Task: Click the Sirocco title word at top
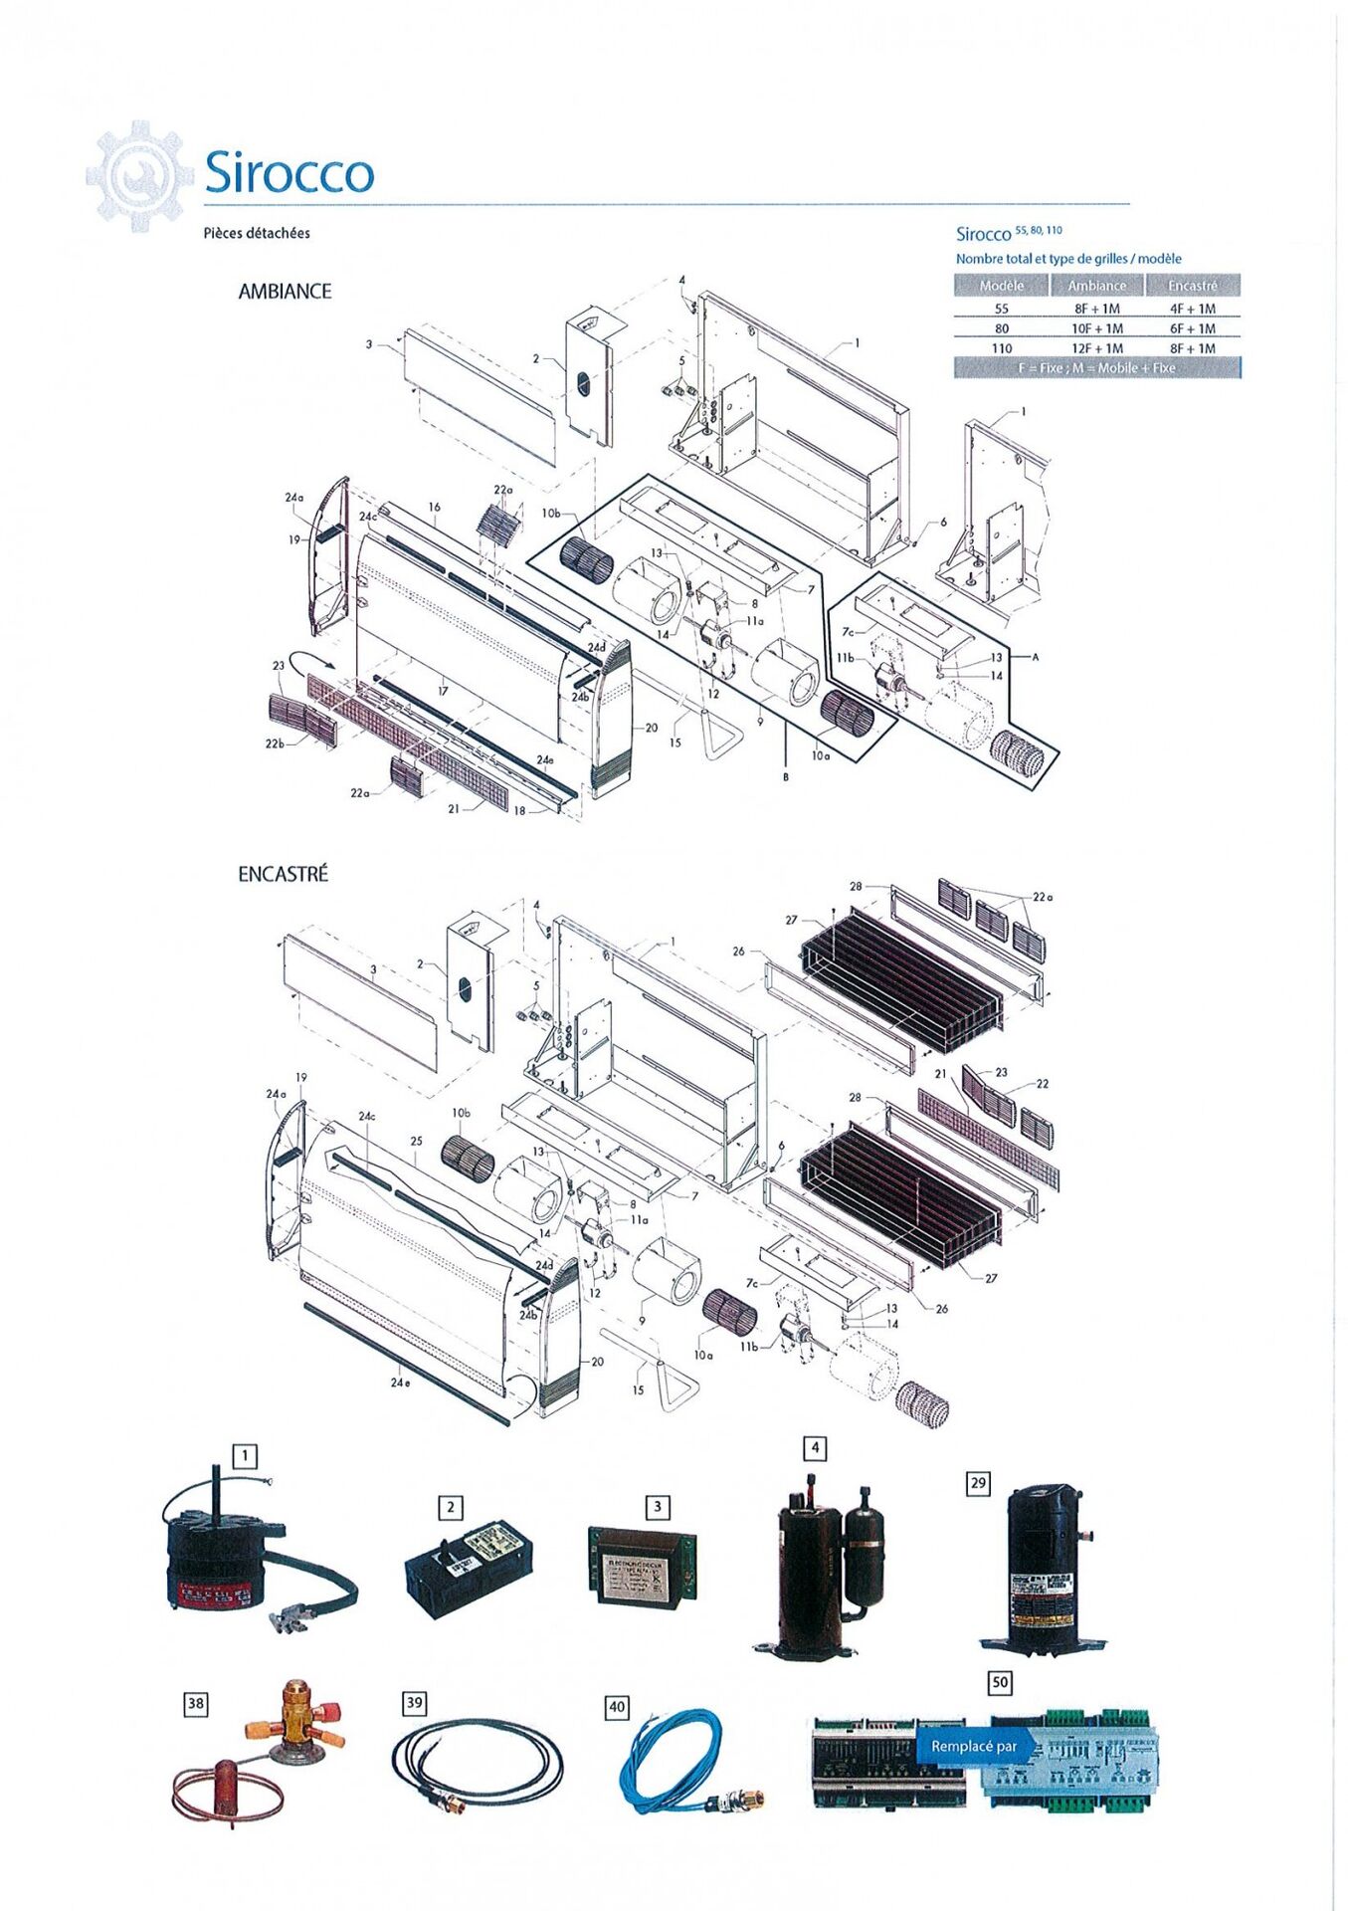coord(289,173)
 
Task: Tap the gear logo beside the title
coord(139,176)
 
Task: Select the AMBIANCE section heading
coord(285,292)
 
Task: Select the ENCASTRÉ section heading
coord(283,874)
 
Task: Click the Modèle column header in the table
coord(1001,286)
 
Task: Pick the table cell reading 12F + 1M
coord(1096,348)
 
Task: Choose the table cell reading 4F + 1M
coord(1192,309)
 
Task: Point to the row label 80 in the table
coord(1001,328)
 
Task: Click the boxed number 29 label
coord(978,1483)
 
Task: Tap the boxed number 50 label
coord(1000,1682)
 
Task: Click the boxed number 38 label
coord(196,1704)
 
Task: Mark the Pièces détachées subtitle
coord(257,233)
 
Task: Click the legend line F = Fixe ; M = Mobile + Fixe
coord(1096,368)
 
